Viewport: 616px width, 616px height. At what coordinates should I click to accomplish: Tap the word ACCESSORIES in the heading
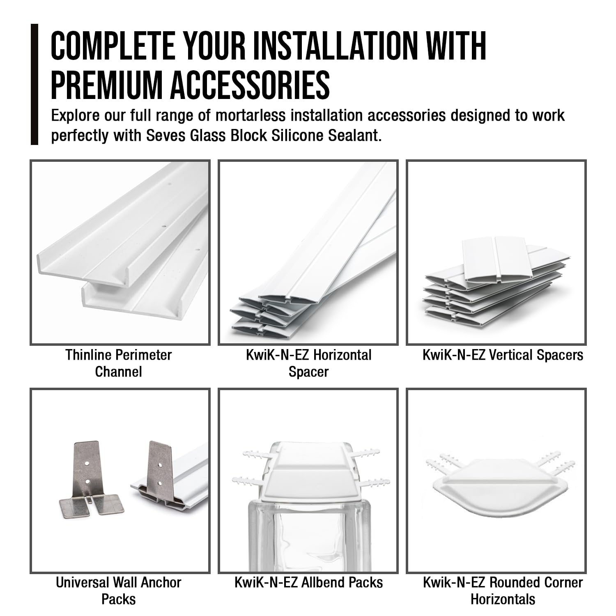[x=250, y=85]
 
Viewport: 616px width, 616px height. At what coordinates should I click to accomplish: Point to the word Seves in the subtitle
[x=166, y=135]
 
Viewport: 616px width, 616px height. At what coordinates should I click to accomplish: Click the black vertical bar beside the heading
[x=34, y=85]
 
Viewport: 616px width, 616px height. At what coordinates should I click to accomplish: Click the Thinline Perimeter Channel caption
[x=119, y=363]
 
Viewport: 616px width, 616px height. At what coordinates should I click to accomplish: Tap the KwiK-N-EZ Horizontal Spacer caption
[x=308, y=363]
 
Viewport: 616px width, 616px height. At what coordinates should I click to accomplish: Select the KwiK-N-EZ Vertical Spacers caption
[x=503, y=355]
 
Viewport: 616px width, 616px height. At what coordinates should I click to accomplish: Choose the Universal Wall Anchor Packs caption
[x=119, y=591]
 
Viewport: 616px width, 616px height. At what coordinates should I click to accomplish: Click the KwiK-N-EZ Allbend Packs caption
[x=308, y=582]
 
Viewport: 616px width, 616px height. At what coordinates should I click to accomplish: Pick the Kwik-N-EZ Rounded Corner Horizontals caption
[x=503, y=591]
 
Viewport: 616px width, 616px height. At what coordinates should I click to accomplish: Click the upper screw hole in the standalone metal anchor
[x=87, y=463]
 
